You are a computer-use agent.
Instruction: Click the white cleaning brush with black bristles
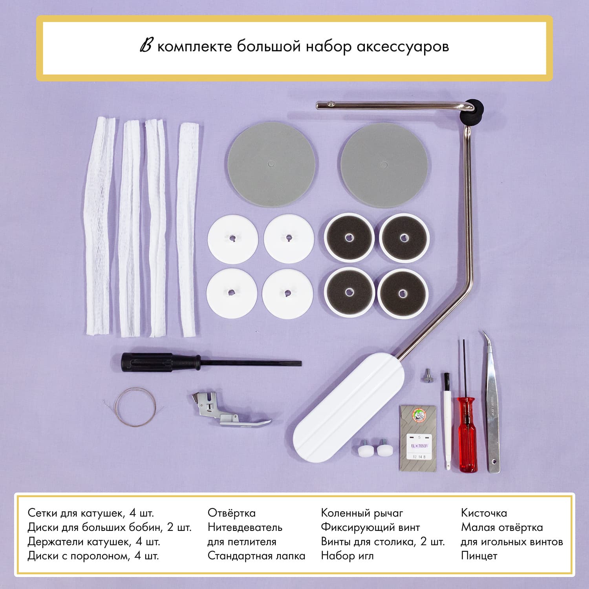pyautogui.click(x=447, y=421)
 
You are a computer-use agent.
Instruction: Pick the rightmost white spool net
pyautogui.click(x=187, y=230)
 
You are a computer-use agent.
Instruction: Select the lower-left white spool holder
pyautogui.click(x=232, y=293)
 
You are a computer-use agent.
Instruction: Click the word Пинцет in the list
pyautogui.click(x=479, y=556)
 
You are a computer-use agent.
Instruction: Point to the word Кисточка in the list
pyautogui.click(x=484, y=513)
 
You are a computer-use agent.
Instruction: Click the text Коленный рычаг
pyautogui.click(x=362, y=513)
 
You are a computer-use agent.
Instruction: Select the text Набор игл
pyautogui.click(x=347, y=556)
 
